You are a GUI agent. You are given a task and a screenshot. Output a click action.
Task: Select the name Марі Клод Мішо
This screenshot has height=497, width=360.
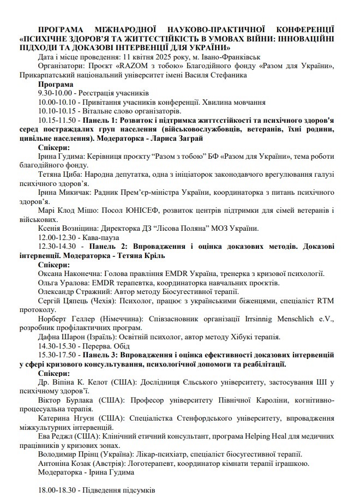(x=71, y=210)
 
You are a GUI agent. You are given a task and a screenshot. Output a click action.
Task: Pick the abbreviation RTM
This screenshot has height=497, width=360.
(x=327, y=300)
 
